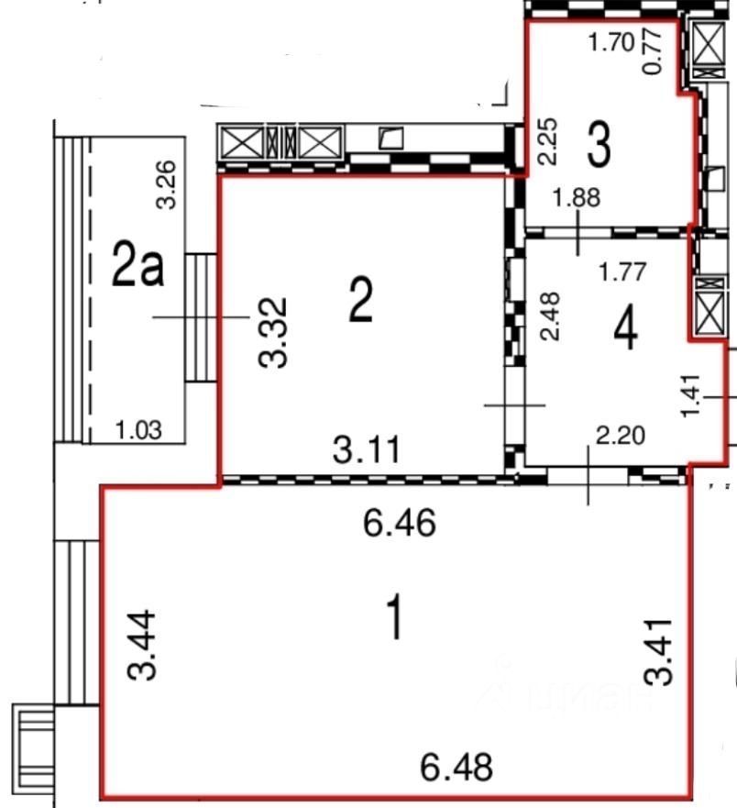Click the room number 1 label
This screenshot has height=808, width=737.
395,619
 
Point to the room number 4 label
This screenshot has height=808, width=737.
626,328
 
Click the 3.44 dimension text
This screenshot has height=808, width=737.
144,647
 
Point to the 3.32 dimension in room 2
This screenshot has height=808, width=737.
272,332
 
